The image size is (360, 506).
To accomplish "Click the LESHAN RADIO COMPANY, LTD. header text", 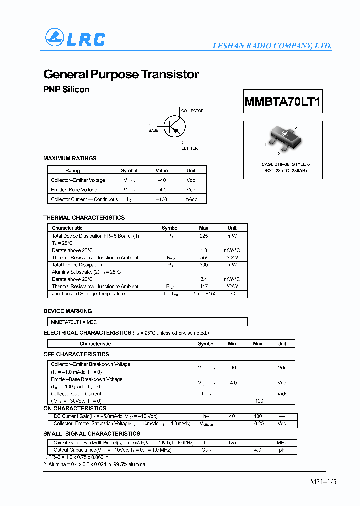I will [272, 46].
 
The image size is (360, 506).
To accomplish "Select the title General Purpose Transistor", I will [121, 74].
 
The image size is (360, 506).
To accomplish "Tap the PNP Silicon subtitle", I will [66, 90].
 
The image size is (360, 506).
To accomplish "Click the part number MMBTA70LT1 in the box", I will [282, 103].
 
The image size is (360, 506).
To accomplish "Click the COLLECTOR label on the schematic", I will [192, 111].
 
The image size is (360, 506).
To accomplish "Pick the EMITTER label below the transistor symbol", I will [189, 148].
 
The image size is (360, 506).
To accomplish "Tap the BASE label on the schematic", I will [153, 130].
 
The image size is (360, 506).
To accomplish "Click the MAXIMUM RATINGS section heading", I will [70, 158].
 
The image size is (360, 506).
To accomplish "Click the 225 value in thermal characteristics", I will [203, 236].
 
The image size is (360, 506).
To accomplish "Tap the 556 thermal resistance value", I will [203, 258].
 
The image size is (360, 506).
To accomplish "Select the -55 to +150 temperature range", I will [203, 294].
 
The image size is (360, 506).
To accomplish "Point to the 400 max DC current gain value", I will [257, 416].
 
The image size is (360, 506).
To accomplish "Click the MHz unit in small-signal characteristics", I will [282, 443].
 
